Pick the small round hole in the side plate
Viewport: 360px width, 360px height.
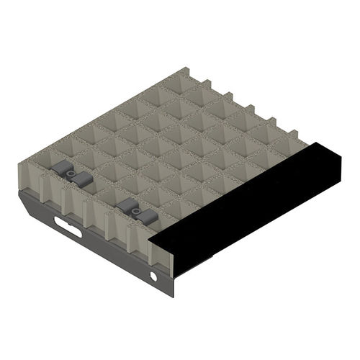(153, 276)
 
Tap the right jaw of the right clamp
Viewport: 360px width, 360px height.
(147, 217)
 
